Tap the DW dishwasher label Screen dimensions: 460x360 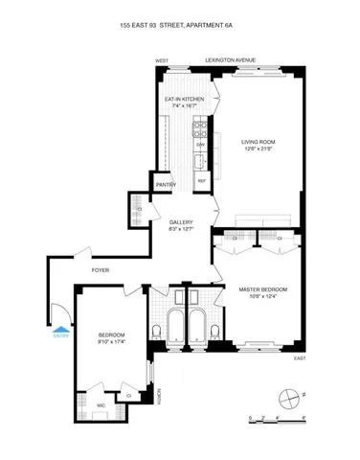[201, 145]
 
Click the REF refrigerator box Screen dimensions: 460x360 [202, 179]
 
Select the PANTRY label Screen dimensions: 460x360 [166, 184]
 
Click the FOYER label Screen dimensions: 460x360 [101, 270]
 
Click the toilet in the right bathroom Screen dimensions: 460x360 [217, 331]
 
